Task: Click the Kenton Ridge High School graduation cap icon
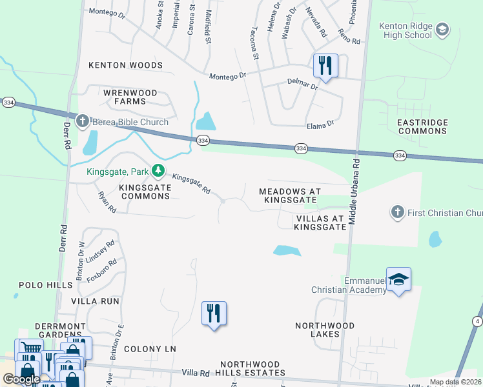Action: tap(442, 30)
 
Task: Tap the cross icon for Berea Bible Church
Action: tap(83, 121)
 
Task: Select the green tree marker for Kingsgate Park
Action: tap(158, 172)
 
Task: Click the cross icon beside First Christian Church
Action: tap(398, 212)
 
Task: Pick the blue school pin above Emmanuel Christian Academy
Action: tap(399, 280)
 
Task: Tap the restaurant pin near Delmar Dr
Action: tap(325, 66)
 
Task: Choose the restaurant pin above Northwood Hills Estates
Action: tap(214, 314)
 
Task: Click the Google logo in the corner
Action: tap(21, 380)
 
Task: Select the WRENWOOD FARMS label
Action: tap(130, 97)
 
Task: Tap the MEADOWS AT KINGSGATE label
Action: tap(289, 196)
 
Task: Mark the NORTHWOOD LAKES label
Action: tap(325, 330)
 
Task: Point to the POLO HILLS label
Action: tap(46, 284)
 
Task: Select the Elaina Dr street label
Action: tap(320, 123)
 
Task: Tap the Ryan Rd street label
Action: tap(107, 202)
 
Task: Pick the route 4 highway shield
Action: tap(477, 321)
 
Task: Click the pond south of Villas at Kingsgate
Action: tap(287, 250)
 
